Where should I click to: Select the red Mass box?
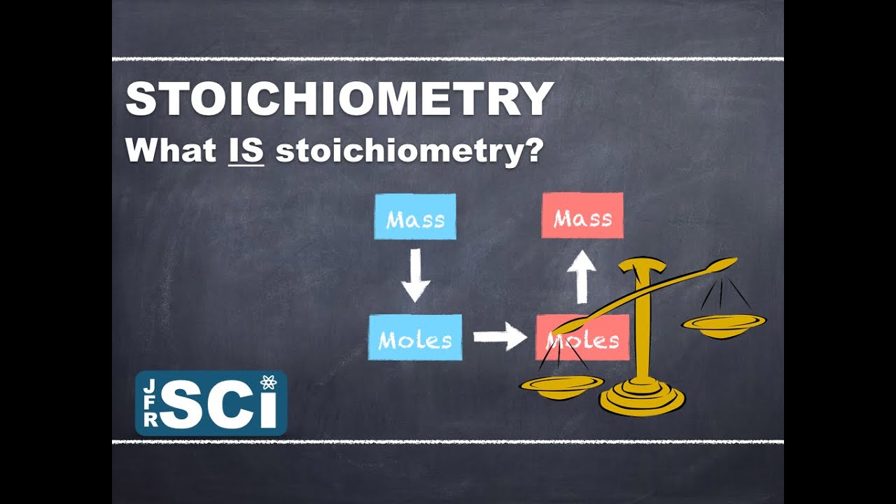coord(582,216)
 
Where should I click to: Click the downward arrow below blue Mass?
coord(416,276)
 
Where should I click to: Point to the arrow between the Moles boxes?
coord(500,337)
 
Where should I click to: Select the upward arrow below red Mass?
coord(581,276)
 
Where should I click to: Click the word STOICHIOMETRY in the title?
coord(339,99)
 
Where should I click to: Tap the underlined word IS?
coord(246,150)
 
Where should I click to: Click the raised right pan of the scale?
coord(724,324)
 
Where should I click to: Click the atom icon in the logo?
coord(268,383)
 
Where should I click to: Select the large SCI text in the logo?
coord(218,406)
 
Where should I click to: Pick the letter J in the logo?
coord(148,384)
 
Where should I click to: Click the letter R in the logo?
coord(148,420)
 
